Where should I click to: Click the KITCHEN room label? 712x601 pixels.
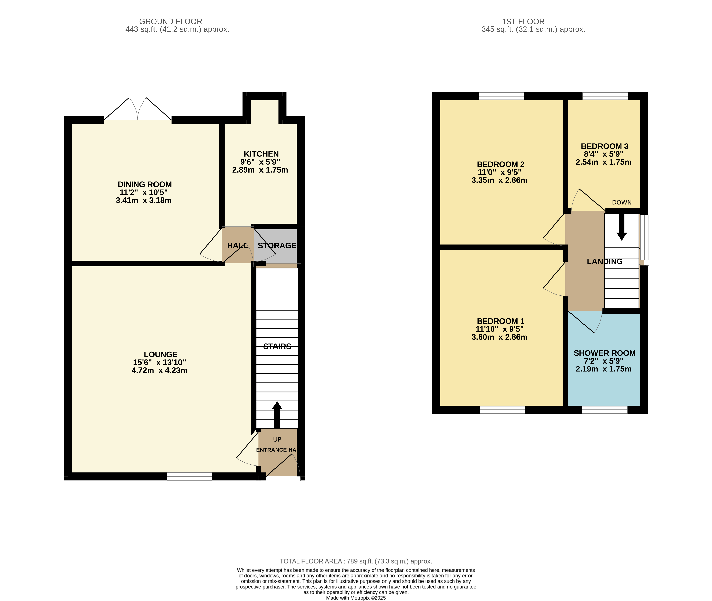[261, 154]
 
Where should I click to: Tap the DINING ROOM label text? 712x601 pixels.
[145, 184]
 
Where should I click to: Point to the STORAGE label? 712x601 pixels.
[277, 245]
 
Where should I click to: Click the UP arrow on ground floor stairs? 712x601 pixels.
[277, 415]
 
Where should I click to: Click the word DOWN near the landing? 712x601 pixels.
[622, 202]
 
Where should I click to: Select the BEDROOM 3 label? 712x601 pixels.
[605, 146]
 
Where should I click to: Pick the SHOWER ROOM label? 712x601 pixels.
[605, 353]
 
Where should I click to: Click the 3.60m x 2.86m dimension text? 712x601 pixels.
[499, 337]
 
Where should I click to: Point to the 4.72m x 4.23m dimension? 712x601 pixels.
[160, 370]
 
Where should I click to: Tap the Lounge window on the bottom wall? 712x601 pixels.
[189, 476]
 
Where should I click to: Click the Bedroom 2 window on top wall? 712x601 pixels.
[501, 96]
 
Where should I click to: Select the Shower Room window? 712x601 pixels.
[605, 410]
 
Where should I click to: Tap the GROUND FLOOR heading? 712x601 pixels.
[170, 22]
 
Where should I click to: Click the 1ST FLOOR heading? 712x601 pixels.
[523, 22]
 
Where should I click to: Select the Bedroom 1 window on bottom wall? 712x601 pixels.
[503, 410]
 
